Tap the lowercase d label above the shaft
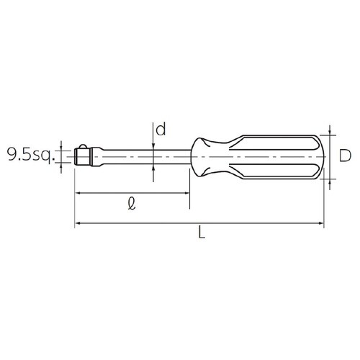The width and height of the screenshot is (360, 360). coord(161,130)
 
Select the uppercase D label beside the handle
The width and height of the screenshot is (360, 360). coord(345,155)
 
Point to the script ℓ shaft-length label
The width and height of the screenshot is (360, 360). coord(130,204)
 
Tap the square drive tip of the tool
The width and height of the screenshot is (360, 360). coord(83,155)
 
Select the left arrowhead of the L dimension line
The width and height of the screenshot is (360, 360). coord(78,225)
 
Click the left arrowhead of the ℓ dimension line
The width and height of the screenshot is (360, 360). coord(78,194)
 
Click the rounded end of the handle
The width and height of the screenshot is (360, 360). coord(320,156)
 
